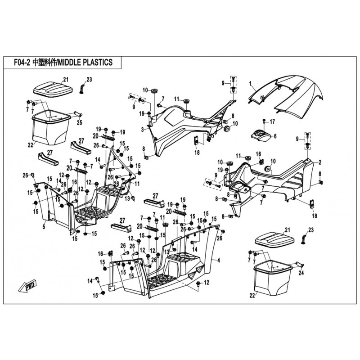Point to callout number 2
(x=319, y=162)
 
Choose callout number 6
(x=275, y=136)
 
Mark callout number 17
(x=272, y=121)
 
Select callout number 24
(x=301, y=273)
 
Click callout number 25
(x=79, y=122)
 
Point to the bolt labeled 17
(x=265, y=121)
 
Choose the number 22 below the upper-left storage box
(x=31, y=145)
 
